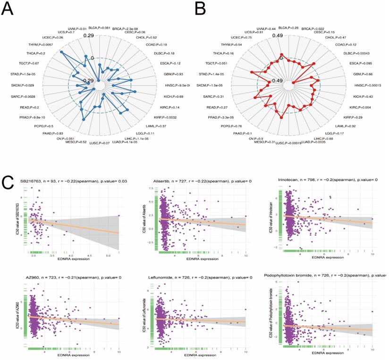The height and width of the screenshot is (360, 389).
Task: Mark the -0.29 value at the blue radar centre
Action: (x=88, y=81)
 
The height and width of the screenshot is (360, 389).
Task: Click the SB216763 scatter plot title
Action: (x=70, y=181)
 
